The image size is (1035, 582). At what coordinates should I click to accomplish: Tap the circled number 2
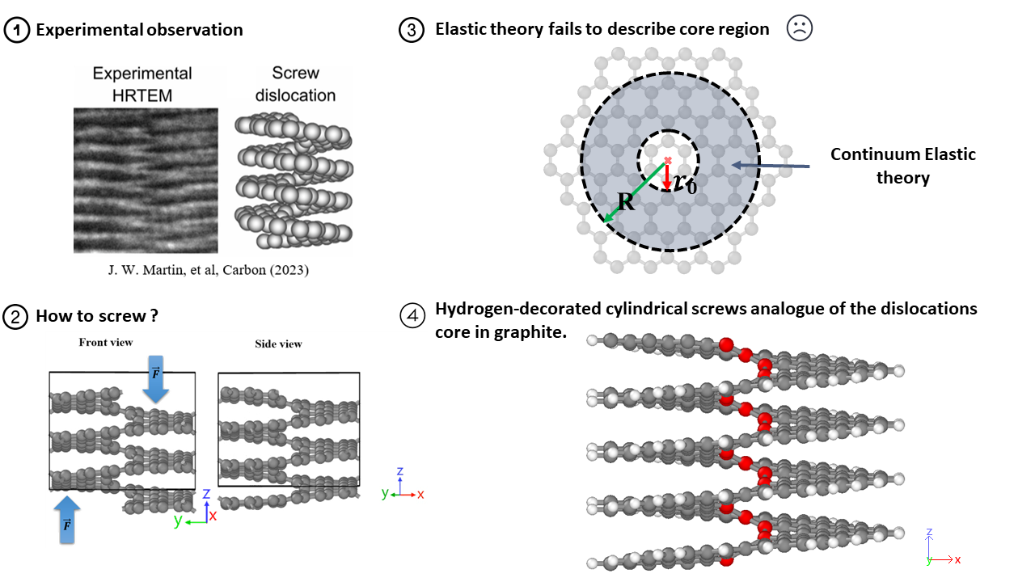16,317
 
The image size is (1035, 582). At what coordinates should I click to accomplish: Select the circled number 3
412,31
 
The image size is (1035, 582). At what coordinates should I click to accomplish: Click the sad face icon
799,29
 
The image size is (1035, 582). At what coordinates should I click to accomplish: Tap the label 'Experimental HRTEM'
142,84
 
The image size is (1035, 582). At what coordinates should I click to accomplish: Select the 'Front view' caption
105,342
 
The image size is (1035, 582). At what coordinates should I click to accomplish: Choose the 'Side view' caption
278,344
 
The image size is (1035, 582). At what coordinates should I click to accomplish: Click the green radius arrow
635,191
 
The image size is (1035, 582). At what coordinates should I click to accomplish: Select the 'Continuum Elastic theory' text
902,166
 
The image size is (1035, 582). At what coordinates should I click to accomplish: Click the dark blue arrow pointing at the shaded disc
769,166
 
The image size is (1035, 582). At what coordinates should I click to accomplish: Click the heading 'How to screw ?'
96,316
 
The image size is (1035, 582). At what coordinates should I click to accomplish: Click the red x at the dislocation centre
667,160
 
